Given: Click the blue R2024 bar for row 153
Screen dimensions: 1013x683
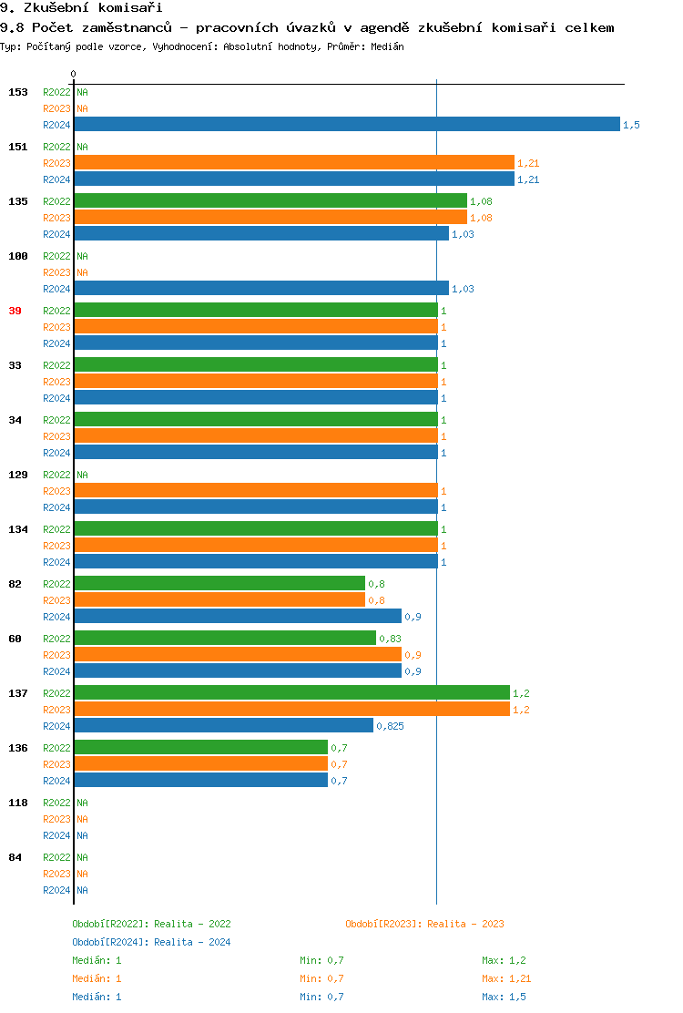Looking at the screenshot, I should tap(346, 125).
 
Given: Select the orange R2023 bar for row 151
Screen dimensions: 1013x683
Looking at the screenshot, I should tap(293, 163).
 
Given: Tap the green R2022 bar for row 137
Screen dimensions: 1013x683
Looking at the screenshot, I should tap(291, 693).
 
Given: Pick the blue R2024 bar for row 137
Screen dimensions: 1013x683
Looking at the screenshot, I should tap(223, 726).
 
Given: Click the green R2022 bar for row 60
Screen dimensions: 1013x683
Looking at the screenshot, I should tap(224, 639).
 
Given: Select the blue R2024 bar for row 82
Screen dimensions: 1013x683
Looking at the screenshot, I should tap(237, 617).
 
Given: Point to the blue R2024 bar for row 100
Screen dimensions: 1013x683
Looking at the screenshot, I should tap(260, 289).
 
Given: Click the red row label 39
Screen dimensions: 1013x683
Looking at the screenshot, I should tap(15, 311).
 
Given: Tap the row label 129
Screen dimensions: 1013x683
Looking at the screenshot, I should tap(17, 475).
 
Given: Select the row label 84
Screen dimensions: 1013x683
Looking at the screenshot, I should tap(15, 857).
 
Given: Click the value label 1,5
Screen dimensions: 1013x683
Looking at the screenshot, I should tap(631, 125).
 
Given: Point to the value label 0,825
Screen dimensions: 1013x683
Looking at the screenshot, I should tap(390, 726).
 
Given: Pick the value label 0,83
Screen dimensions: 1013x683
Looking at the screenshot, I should tap(390, 639).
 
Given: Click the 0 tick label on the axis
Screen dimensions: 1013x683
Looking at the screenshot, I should tap(74, 74).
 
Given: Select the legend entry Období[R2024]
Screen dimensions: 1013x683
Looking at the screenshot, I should tap(110, 942).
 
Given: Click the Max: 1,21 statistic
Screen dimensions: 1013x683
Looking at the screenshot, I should tap(506, 978).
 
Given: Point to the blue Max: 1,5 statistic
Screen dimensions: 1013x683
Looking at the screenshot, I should tap(504, 997).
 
